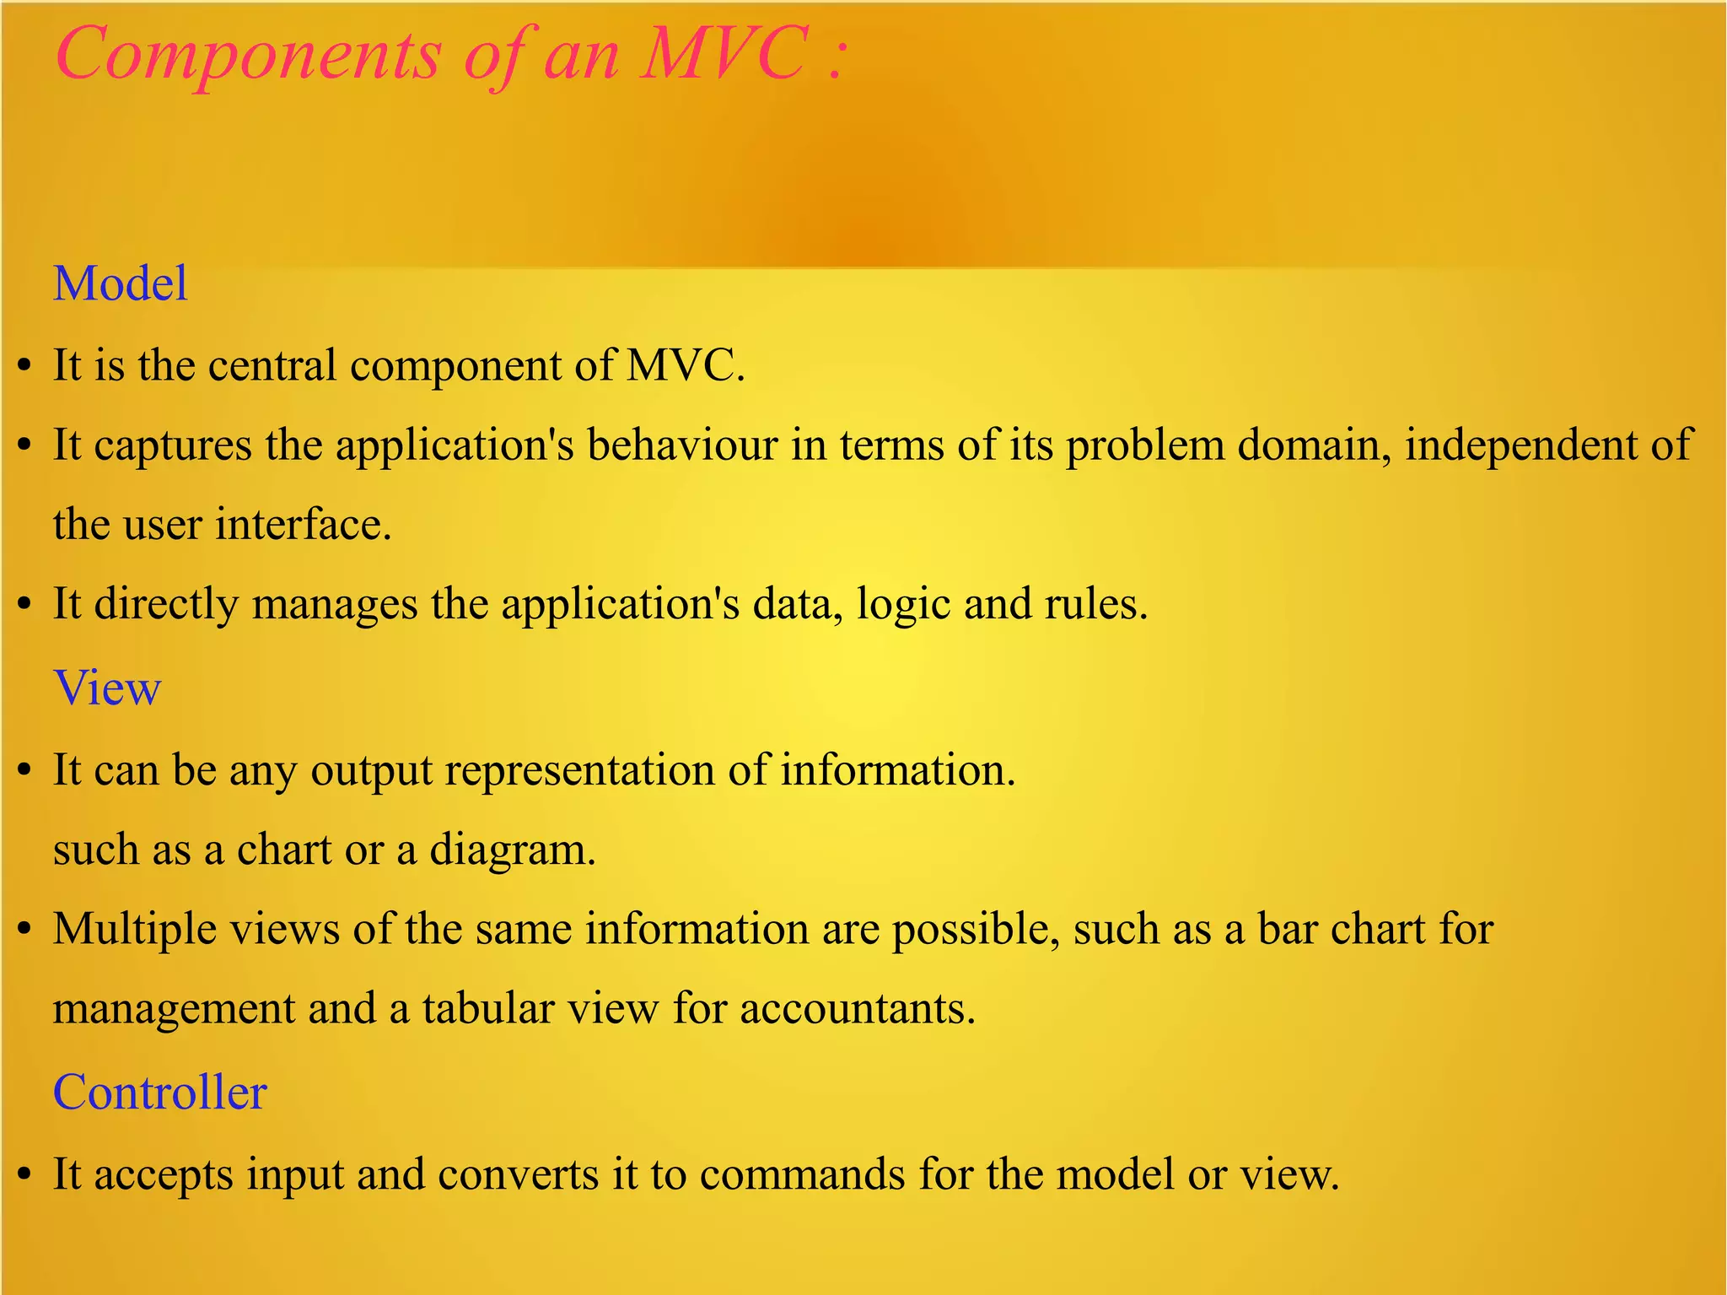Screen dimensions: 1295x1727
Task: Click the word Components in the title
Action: [x=248, y=55]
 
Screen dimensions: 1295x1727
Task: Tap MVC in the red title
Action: [x=724, y=53]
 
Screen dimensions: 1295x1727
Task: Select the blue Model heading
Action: [x=121, y=283]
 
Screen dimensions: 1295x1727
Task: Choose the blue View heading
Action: [x=107, y=688]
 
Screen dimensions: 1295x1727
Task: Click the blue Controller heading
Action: [x=160, y=1093]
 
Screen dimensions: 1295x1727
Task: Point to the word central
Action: [x=272, y=365]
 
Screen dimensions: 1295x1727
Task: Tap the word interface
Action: [x=304, y=524]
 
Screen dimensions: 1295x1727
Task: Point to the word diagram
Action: [x=512, y=850]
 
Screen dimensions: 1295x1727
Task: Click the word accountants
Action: [x=858, y=1009]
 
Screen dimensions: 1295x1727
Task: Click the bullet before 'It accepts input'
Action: [x=24, y=1175]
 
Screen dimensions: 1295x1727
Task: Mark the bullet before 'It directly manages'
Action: [x=24, y=605]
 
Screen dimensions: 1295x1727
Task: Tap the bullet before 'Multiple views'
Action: [x=24, y=930]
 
